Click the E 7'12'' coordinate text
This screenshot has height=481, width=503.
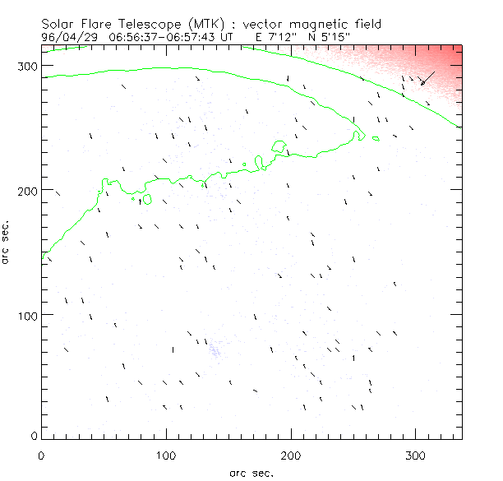pyautogui.click(x=269, y=37)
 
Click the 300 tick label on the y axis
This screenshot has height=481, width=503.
pyautogui.click(x=26, y=66)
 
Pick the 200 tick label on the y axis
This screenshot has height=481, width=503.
pyautogui.click(x=26, y=191)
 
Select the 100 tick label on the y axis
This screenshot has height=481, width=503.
pyautogui.click(x=26, y=316)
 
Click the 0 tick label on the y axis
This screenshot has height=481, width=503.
pyautogui.click(x=33, y=436)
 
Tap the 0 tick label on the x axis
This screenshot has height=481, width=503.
pyautogui.click(x=41, y=454)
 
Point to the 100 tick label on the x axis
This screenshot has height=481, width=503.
pyautogui.click(x=166, y=454)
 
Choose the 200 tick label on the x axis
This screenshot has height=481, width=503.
pyautogui.click(x=291, y=454)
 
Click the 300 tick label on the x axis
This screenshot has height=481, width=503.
pyautogui.click(x=416, y=454)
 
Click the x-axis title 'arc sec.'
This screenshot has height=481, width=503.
pyautogui.click(x=251, y=473)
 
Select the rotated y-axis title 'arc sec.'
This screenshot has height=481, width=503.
pyautogui.click(x=7, y=242)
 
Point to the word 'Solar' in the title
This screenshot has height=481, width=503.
pyautogui.click(x=59, y=25)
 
